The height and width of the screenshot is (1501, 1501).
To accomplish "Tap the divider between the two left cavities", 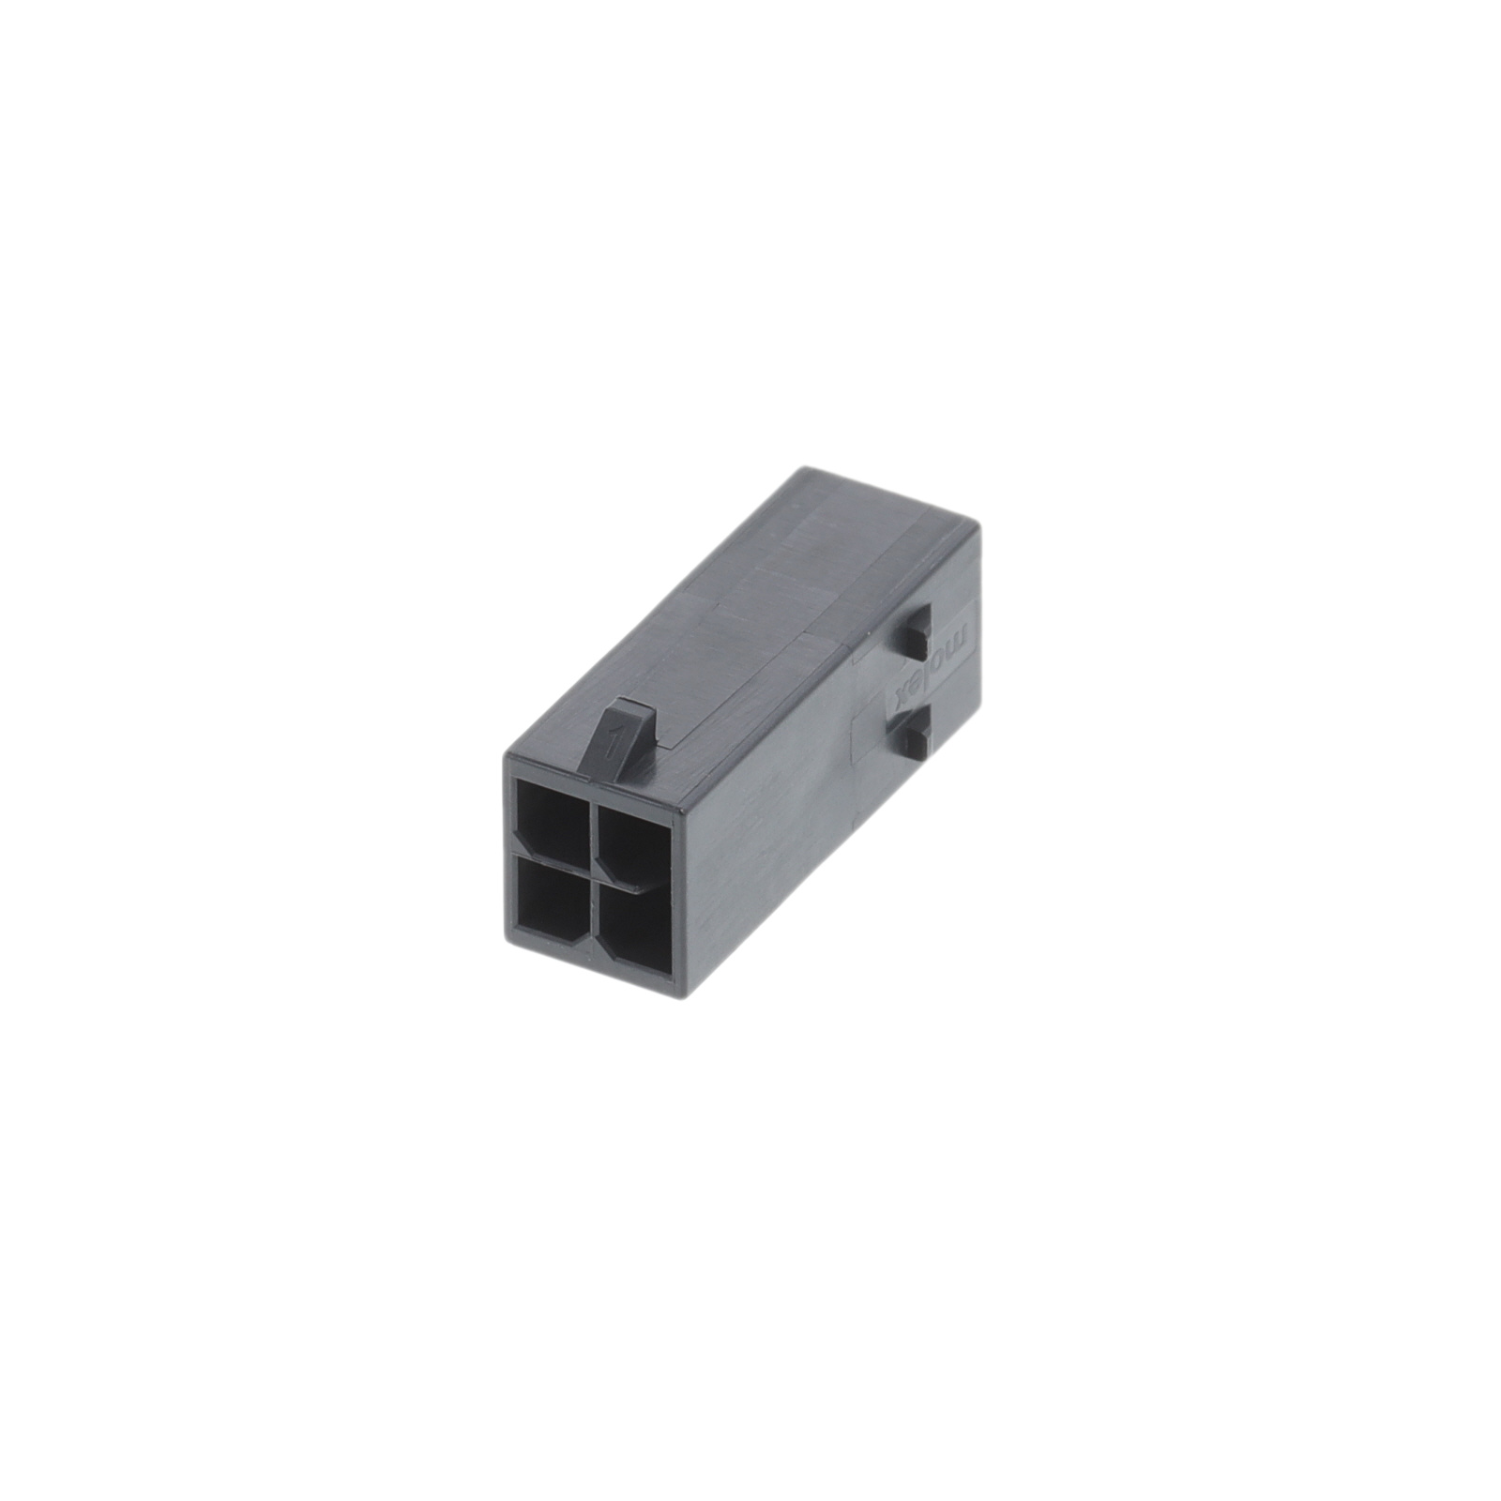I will pos(552,857).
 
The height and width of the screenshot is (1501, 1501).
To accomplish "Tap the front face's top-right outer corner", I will pos(677,796).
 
